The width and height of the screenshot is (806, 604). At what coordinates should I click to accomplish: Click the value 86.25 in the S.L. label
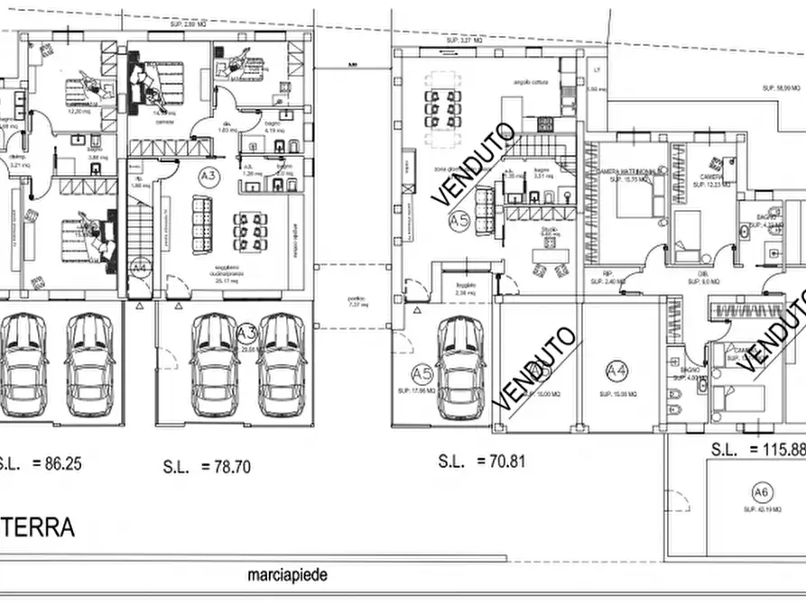[x=61, y=465]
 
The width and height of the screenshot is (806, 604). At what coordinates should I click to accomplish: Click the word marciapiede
[x=288, y=574]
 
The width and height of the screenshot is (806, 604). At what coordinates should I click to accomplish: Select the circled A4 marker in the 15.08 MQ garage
[x=617, y=370]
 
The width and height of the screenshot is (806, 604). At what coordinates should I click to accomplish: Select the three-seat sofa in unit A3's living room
[x=201, y=225]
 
